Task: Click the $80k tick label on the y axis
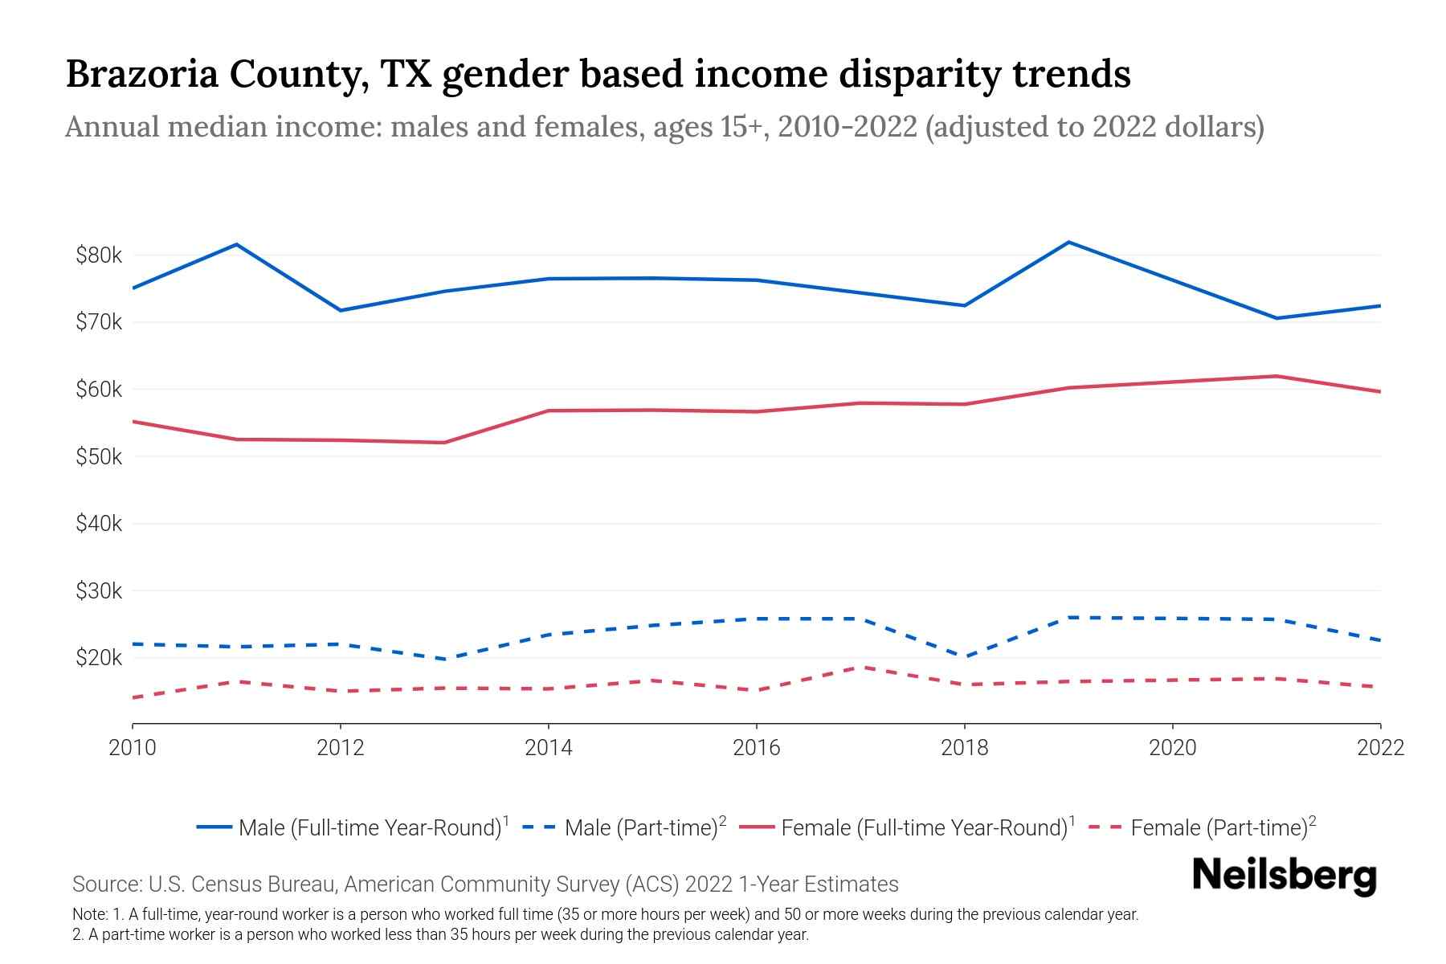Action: coord(99,255)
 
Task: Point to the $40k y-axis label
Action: coord(99,524)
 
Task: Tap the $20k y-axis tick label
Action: coord(99,658)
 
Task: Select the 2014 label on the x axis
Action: coord(548,748)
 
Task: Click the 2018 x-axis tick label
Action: coord(964,748)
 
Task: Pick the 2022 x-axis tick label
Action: coord(1380,748)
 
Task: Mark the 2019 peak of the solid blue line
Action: coord(1068,242)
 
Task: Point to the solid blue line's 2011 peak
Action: coord(236,244)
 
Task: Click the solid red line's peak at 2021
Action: coord(1276,376)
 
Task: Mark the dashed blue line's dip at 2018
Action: coord(964,656)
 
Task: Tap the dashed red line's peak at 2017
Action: coord(860,667)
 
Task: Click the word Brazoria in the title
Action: coord(141,74)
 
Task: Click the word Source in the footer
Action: coord(106,884)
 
